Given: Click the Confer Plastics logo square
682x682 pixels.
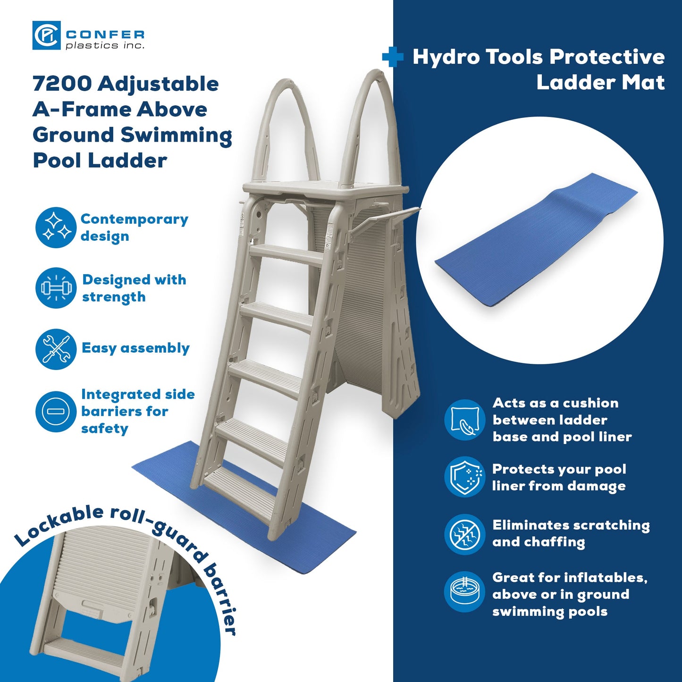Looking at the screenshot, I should [x=46, y=35].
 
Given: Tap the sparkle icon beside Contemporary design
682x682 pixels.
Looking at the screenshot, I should [x=56, y=227].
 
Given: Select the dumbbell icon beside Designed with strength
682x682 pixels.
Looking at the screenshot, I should [x=56, y=288].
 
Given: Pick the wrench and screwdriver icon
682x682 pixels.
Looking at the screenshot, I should [x=56, y=349].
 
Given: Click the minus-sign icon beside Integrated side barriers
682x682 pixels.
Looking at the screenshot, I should [x=56, y=412].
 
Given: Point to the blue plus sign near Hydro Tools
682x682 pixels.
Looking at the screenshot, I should [x=392, y=57].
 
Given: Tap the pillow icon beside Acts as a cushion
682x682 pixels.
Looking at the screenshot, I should [x=464, y=420].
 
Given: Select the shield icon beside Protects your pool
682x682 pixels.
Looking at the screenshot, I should [x=464, y=477].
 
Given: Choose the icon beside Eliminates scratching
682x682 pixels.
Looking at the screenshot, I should [x=464, y=534].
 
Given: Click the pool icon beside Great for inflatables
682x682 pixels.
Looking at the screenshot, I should [x=464, y=592].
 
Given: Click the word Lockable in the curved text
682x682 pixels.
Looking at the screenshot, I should [x=59, y=524].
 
